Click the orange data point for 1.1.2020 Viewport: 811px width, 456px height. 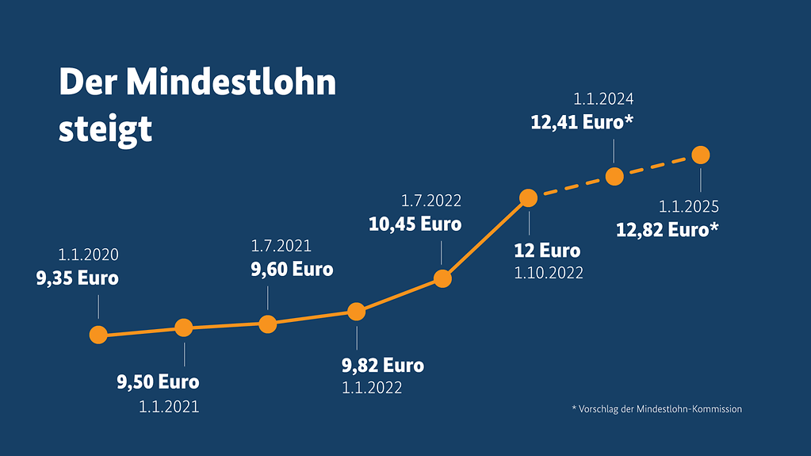coord(98,335)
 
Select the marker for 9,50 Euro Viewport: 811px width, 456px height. coord(184,327)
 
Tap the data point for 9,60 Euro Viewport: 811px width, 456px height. coord(268,324)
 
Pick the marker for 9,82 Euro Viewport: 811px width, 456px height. coord(357,312)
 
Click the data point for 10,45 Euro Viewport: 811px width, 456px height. coord(443,278)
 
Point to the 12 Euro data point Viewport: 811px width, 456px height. coord(529,197)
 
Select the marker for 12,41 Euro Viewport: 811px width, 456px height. coord(614,176)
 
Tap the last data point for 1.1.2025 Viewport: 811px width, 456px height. coord(701,155)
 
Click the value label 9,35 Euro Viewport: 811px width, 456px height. coord(78,278)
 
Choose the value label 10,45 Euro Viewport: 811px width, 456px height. coord(415,224)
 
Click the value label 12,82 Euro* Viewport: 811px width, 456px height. coord(668,231)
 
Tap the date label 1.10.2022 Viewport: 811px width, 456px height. coord(549,273)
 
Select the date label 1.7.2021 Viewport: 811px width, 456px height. coord(281,246)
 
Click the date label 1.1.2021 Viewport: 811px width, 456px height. coord(169,408)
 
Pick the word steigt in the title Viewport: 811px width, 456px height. coord(105,129)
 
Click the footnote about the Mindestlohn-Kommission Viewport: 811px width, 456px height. coord(656,409)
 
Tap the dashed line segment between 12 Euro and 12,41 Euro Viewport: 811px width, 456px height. coord(572,187)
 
